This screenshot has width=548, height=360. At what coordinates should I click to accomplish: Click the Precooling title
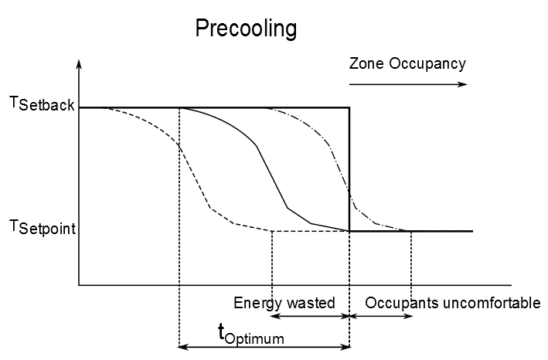(246, 29)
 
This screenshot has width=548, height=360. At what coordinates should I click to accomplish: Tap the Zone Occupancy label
(407, 63)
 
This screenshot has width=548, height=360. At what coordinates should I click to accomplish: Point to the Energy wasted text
(284, 303)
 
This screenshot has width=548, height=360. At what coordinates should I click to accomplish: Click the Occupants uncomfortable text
(452, 303)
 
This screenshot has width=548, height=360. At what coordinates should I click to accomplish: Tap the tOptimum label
(250, 334)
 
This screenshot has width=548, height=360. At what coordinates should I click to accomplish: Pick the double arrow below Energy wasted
(311, 316)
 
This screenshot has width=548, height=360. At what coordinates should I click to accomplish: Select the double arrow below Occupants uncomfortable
(380, 316)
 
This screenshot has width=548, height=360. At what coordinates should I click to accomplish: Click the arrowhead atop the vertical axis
(79, 63)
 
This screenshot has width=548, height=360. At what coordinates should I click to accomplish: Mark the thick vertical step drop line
(350, 170)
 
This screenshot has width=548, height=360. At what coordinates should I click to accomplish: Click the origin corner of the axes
(79, 285)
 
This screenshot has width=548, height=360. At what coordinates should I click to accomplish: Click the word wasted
(313, 303)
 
